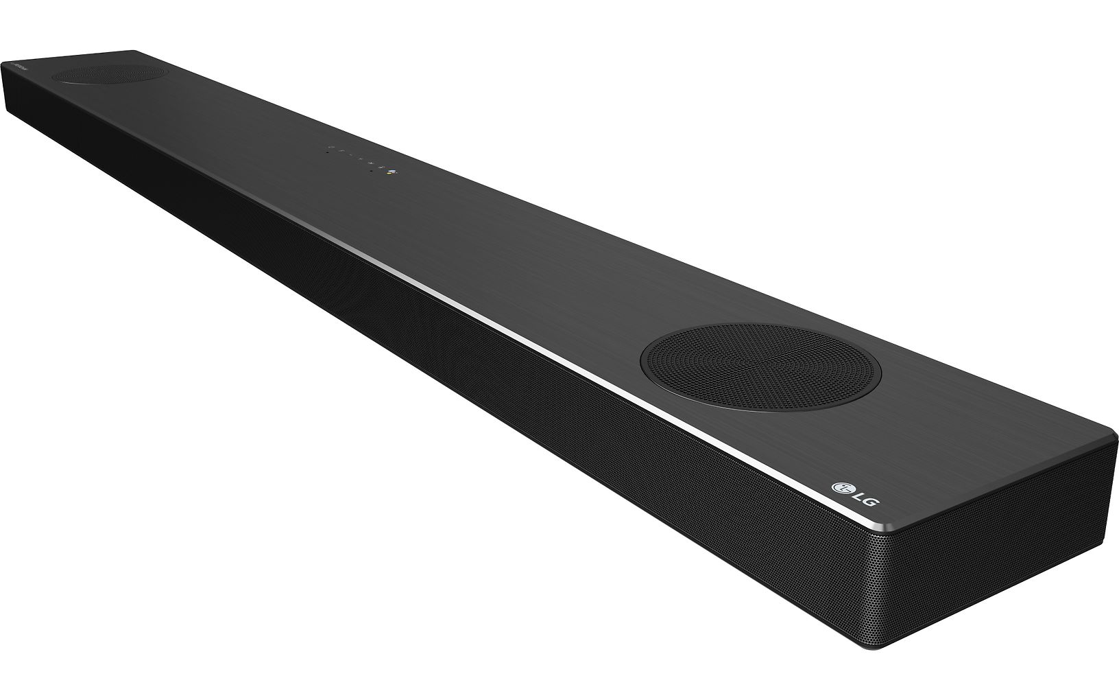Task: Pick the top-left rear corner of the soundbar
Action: click(134, 51)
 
